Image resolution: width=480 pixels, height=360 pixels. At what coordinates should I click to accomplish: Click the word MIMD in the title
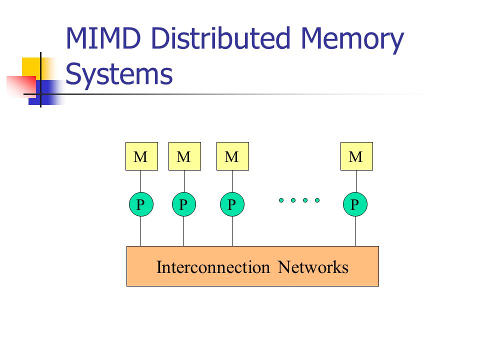(x=103, y=38)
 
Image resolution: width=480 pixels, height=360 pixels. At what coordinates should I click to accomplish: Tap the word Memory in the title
(x=352, y=40)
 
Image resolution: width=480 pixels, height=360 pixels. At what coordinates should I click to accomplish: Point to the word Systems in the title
(x=119, y=74)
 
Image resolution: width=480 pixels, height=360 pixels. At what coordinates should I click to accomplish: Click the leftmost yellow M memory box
(x=141, y=156)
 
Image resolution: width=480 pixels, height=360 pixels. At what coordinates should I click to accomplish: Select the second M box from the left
(x=184, y=156)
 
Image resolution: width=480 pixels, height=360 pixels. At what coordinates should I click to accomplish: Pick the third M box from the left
(x=232, y=156)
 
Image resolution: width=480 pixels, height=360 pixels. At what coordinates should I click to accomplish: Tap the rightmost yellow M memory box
(x=356, y=156)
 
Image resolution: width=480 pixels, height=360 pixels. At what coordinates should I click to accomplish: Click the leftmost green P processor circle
(x=141, y=204)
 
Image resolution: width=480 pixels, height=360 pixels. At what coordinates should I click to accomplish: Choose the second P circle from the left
(x=184, y=204)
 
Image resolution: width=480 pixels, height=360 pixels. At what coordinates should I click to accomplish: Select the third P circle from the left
(x=232, y=204)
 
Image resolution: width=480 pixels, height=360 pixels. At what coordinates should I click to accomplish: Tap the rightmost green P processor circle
(x=355, y=204)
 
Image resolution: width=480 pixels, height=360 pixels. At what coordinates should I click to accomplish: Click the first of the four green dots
(x=281, y=200)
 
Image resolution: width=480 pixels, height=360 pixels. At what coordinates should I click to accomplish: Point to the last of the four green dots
(x=317, y=200)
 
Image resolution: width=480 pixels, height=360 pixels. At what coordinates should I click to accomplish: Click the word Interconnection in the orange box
(x=213, y=267)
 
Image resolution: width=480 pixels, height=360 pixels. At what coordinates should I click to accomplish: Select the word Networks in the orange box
(x=313, y=267)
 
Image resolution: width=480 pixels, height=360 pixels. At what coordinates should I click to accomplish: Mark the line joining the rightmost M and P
(x=356, y=181)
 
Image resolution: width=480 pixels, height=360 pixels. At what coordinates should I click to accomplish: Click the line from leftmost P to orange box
(x=141, y=231)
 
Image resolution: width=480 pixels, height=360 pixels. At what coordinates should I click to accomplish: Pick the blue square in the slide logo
(x=46, y=92)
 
